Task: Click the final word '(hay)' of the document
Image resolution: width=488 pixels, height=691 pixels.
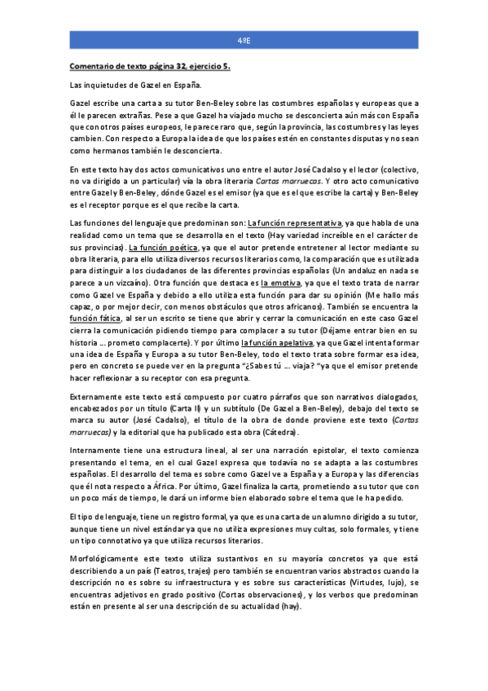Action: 289,618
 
